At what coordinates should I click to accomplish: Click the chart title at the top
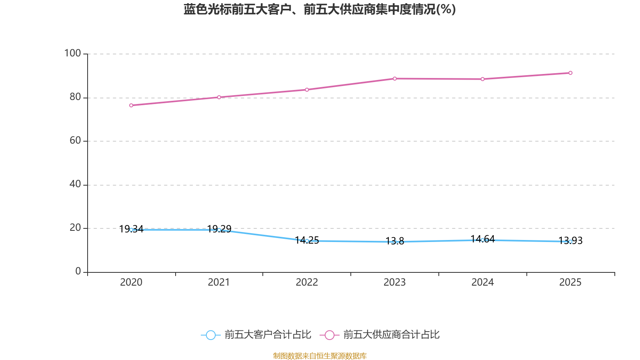tap(320, 9)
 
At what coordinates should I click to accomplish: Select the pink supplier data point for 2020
tap(131, 106)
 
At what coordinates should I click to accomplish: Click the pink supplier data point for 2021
tap(219, 97)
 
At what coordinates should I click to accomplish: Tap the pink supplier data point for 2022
tap(307, 90)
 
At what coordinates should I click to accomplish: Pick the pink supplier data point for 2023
tap(395, 78)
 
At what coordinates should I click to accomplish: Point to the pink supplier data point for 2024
tap(482, 79)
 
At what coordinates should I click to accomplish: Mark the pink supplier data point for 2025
tap(570, 73)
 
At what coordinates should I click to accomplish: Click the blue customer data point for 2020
tap(131, 230)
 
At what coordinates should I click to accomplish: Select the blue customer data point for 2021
tap(219, 230)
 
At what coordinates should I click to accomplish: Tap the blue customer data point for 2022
tap(307, 241)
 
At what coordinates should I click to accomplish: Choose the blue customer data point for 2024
tap(482, 240)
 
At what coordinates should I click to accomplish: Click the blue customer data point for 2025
tap(570, 242)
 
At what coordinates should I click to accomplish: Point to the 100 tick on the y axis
tap(73, 53)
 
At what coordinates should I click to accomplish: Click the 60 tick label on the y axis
tap(75, 140)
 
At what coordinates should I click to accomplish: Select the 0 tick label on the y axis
tap(78, 271)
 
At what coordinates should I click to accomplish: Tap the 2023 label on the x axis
tap(394, 282)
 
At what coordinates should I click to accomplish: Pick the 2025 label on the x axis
tap(570, 282)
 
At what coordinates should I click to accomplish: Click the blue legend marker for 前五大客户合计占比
tap(210, 335)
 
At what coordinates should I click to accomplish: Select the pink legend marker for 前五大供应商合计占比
tap(329, 335)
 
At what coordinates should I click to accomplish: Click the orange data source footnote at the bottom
tap(320, 356)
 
